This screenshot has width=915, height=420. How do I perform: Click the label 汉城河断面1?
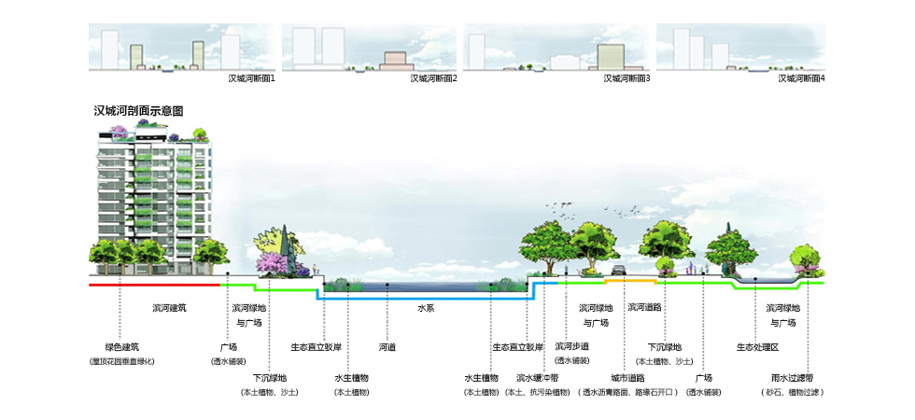[x=251, y=78]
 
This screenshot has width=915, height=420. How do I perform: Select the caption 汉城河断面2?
[x=433, y=78]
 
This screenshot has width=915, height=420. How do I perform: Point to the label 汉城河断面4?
[x=801, y=78]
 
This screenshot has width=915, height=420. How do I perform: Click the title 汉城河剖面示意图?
[x=138, y=110]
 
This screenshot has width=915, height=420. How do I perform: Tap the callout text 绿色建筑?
[x=121, y=347]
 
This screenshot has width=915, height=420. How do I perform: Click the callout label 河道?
[x=387, y=347]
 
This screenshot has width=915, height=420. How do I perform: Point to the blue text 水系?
[x=426, y=307]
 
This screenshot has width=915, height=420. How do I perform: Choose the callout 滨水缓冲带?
[x=537, y=378]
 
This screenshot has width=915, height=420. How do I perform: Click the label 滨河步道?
[x=571, y=346]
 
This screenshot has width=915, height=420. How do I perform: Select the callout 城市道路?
[x=627, y=378]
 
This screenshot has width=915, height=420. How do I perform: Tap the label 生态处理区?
[x=757, y=347]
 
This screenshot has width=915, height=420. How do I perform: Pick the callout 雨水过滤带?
[x=793, y=378]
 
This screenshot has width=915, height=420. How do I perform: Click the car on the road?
[x=618, y=273]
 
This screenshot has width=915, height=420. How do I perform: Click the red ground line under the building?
[x=154, y=284]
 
